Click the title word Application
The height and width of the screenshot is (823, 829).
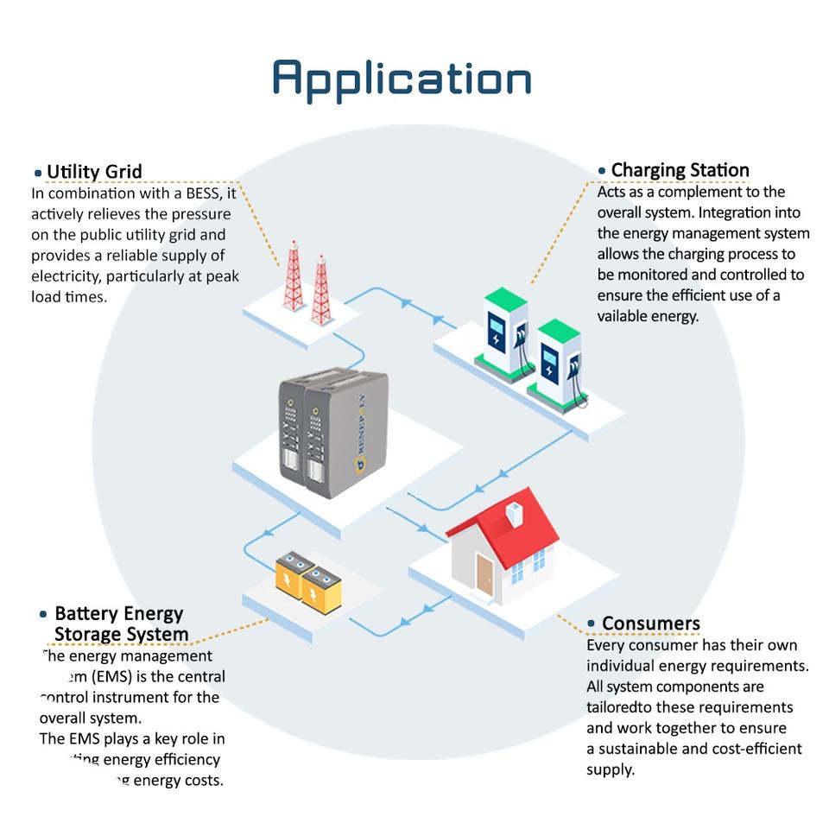tap(402, 79)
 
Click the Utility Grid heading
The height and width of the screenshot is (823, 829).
tap(94, 172)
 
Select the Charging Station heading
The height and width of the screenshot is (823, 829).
tap(680, 170)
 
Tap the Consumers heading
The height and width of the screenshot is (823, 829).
tap(650, 624)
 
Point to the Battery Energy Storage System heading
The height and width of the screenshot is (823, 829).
tap(120, 624)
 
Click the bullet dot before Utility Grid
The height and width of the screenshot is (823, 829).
tap(38, 174)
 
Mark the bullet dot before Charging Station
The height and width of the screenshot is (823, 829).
tap(602, 171)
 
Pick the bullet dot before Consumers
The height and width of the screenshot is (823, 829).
tap(592, 624)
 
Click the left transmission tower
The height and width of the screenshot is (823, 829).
tap(294, 275)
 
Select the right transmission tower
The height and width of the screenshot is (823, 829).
tap(322, 289)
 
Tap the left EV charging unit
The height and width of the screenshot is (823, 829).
tap(504, 333)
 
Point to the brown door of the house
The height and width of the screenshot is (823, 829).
tap(484, 574)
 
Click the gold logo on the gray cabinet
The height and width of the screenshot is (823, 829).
tap(362, 466)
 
